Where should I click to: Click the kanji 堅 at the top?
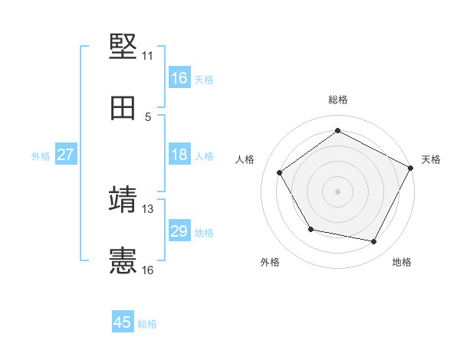123,47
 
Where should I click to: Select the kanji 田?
123,109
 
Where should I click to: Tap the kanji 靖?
123,200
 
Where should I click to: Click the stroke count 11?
147,56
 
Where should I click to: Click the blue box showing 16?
179,78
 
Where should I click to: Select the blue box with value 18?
179,155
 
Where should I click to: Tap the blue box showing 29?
179,231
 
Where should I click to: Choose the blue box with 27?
66,155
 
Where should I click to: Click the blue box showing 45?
123,322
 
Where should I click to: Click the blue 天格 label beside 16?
204,79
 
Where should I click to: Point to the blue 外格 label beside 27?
41,155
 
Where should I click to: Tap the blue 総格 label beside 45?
147,323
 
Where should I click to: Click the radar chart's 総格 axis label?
338,100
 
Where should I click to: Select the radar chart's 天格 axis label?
431,159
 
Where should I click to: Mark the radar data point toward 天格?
411,168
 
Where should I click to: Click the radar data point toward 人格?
280,172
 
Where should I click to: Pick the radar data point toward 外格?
310,229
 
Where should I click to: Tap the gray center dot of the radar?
338,191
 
